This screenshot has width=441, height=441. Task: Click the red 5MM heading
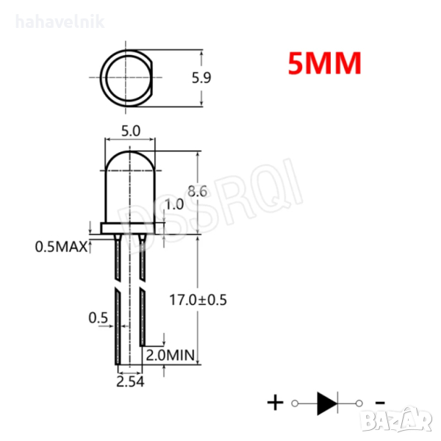point(325,63)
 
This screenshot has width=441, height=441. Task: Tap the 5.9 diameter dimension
point(201,78)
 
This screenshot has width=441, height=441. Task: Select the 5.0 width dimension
point(131,131)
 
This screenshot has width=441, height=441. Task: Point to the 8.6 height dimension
point(198,191)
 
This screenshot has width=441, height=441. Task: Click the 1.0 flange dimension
point(174,204)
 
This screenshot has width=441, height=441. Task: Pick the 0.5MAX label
point(61,247)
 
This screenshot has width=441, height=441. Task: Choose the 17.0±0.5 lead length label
point(198,300)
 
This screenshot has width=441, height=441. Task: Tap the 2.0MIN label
point(171,355)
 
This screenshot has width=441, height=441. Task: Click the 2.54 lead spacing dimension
point(130,381)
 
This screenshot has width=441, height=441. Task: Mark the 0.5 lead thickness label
point(98,318)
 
